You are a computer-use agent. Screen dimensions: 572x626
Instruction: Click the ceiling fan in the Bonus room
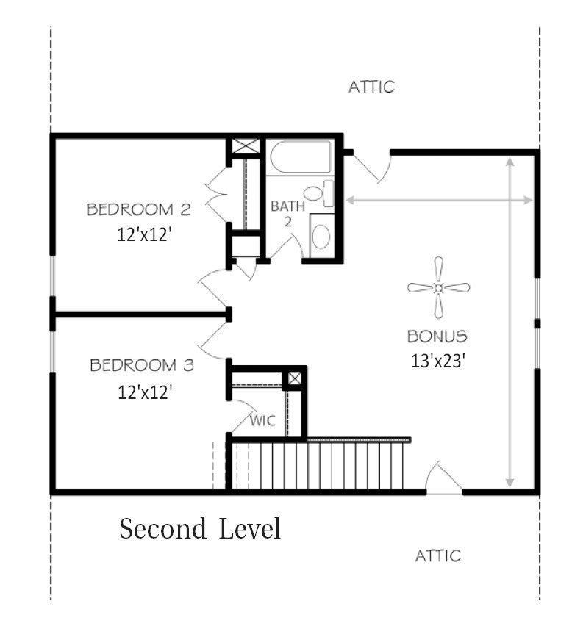438,287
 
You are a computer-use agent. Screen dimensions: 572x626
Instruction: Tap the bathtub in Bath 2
301,157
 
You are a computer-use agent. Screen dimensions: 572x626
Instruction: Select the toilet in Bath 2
319,194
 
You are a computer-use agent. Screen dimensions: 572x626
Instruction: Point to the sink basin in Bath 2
321,237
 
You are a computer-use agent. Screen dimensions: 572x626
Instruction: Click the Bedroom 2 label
139,209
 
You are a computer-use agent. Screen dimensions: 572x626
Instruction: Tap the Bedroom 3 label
142,365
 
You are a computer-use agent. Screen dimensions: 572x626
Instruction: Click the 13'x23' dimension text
438,361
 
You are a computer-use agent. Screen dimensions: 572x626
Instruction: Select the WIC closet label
262,420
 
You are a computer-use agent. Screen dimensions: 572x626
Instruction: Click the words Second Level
200,528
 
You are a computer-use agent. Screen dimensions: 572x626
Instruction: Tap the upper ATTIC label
371,87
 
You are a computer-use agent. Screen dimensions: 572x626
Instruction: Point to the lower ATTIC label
438,555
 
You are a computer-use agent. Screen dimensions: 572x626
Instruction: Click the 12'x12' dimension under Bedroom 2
144,234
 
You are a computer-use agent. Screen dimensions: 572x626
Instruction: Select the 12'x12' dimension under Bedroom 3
145,392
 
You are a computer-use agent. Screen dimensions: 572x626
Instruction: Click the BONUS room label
437,337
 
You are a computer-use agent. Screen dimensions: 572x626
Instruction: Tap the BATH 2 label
287,214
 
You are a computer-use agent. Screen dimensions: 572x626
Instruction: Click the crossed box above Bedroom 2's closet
246,145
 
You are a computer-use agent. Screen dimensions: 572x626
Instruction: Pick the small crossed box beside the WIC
294,378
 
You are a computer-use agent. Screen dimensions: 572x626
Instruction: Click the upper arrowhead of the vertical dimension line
510,162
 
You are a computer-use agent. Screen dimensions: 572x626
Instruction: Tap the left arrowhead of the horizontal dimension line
350,200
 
